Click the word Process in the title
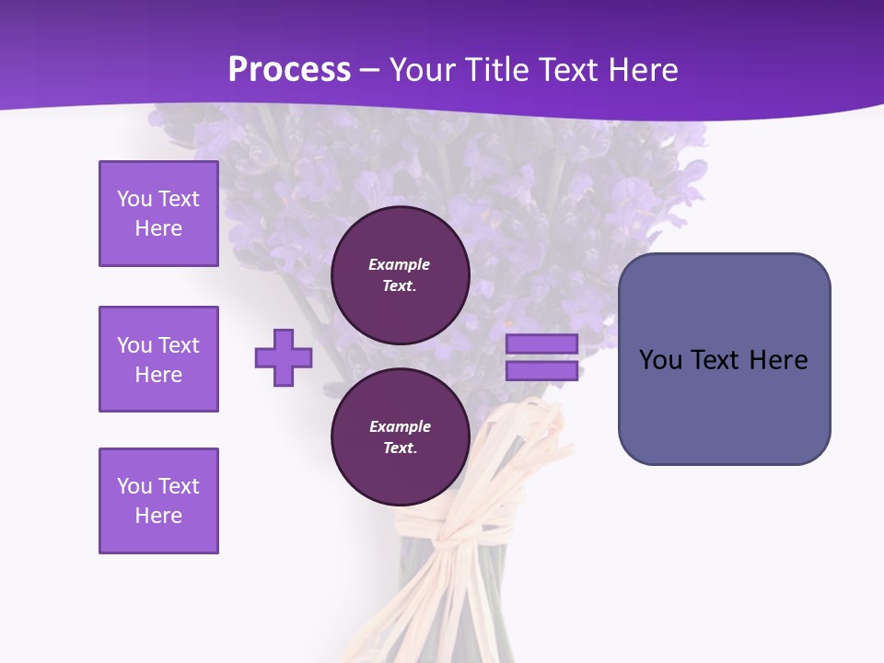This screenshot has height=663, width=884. pos(289,70)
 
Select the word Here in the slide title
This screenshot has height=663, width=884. pos(641,70)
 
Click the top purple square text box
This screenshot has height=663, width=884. pos(158,214)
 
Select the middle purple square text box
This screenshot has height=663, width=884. pos(158,359)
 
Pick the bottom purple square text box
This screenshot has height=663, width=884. pos(158,501)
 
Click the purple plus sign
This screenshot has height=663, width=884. pos(284,357)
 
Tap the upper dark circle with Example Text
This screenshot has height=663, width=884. pos(400,275)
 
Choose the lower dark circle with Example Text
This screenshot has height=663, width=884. pos(400,437)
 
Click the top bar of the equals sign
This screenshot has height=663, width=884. pos(541,343)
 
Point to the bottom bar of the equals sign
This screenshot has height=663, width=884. pos(541,371)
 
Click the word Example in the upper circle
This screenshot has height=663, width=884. pos(400,264)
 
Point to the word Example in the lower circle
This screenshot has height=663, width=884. pos(400,426)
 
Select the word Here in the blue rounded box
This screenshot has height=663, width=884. pos(779,360)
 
